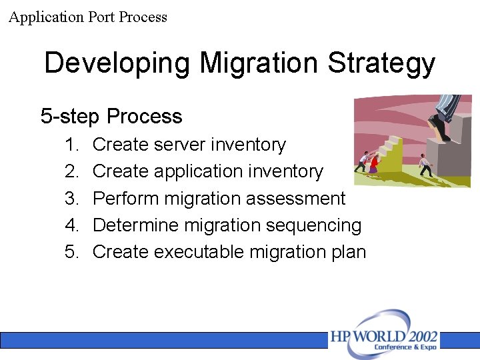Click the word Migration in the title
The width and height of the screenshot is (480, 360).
[259, 64]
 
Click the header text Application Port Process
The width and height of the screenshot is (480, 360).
[88, 17]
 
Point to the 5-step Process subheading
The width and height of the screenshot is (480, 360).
[111, 117]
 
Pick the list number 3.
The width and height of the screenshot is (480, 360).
[71, 199]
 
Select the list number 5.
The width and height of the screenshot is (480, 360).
[71, 252]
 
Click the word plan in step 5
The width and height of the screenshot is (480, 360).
[349, 253]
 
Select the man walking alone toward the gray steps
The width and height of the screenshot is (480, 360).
[424, 164]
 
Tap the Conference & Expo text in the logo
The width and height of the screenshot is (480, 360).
[406, 347]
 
